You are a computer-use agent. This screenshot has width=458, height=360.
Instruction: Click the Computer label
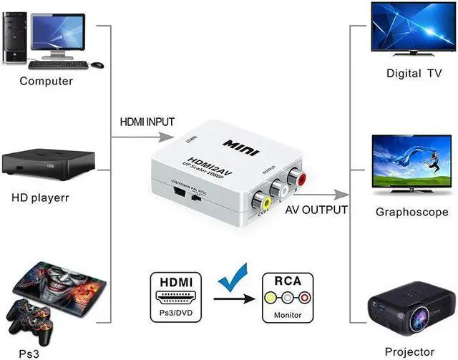(x=46, y=81)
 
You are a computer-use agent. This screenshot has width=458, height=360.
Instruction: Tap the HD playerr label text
(x=46, y=197)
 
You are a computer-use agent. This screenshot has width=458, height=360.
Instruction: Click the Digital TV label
(x=414, y=73)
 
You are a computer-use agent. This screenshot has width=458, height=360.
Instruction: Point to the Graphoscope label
(x=411, y=212)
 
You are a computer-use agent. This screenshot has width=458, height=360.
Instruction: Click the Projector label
(x=409, y=351)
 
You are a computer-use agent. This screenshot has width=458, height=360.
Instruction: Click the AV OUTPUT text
(x=316, y=210)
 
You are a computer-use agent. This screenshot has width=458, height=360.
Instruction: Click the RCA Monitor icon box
(x=287, y=296)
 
